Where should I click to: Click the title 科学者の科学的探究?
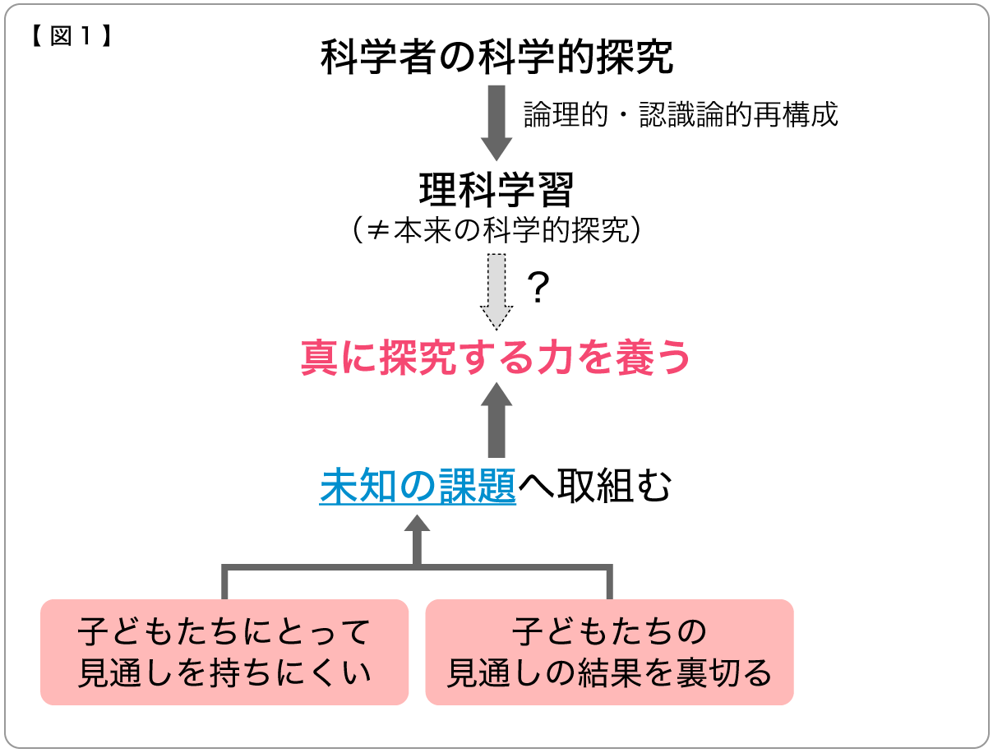[x=496, y=58]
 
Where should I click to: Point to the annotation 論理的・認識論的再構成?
[x=681, y=114]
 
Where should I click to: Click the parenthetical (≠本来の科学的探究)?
[x=496, y=231]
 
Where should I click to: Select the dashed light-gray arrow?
[x=496, y=292]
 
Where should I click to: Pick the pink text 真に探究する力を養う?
[x=496, y=358]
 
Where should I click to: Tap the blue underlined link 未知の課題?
[x=418, y=487]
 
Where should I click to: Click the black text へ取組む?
[x=594, y=487]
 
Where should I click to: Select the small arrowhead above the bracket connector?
[x=417, y=528]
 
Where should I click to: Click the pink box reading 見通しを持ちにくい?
[x=224, y=653]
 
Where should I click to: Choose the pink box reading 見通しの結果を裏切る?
[x=609, y=653]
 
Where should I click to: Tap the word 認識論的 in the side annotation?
[x=692, y=114]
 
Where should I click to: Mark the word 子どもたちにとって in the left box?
[x=224, y=632]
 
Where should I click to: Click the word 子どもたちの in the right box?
[x=609, y=632]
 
